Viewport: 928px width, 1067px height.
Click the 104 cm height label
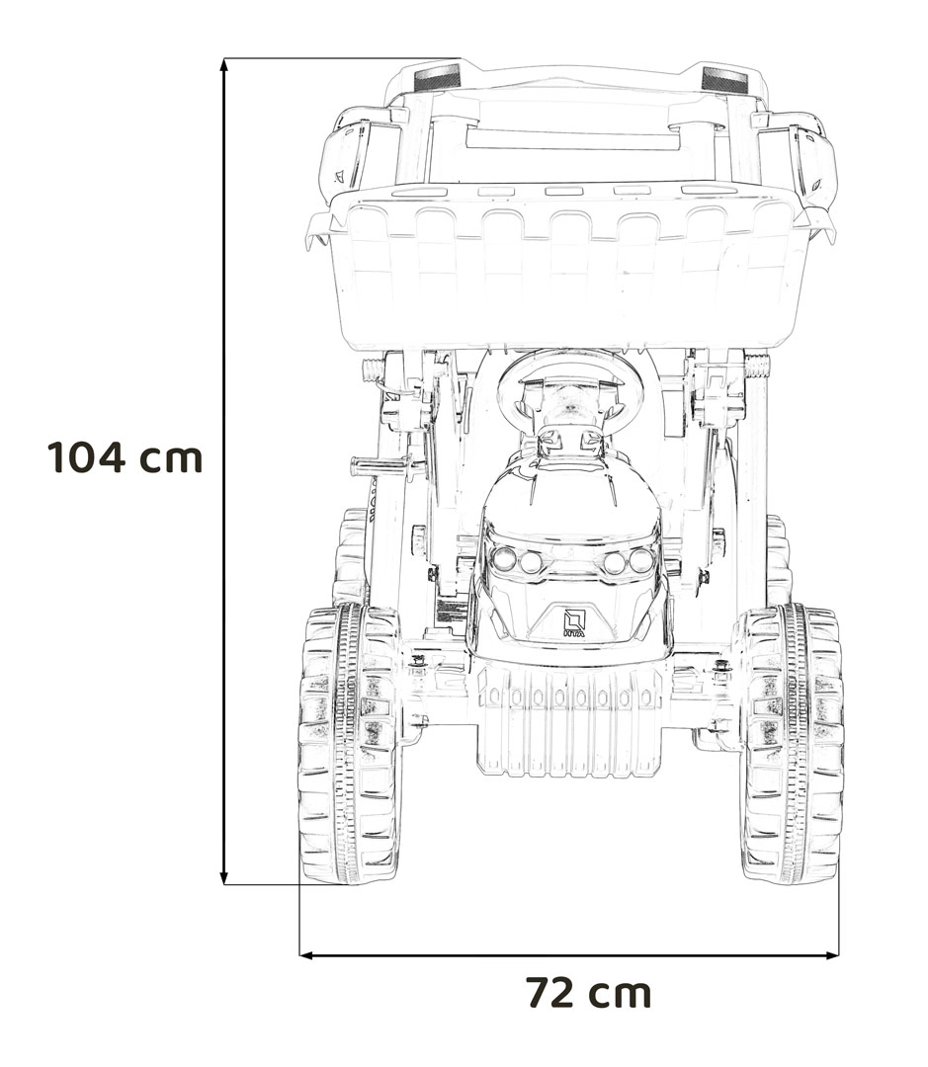(126, 457)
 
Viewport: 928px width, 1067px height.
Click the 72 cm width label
(589, 993)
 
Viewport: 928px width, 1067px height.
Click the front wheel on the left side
(350, 744)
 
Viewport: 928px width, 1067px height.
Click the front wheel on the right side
(792, 744)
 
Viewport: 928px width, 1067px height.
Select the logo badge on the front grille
(574, 622)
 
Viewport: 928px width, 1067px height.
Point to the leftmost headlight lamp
(504, 559)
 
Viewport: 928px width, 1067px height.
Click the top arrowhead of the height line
(224, 64)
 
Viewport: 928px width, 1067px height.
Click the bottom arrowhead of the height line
(224, 878)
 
